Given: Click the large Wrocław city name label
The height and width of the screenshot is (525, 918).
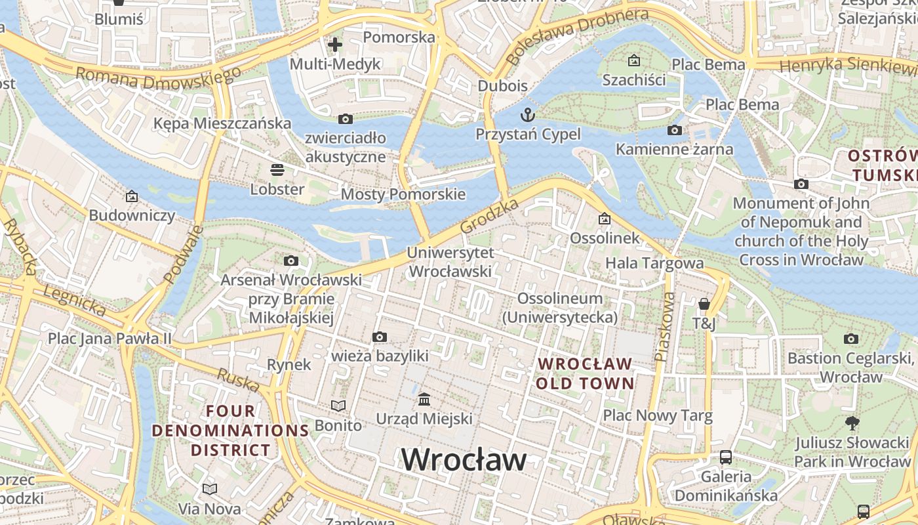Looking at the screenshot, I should click(x=464, y=459).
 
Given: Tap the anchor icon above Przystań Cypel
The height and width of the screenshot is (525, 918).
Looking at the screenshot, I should click(x=528, y=115).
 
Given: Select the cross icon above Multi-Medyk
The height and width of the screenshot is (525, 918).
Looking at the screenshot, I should click(x=335, y=45).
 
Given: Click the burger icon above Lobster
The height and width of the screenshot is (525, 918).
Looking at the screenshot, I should click(x=277, y=170).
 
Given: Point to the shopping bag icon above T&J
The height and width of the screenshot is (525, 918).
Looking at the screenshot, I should click(x=704, y=304).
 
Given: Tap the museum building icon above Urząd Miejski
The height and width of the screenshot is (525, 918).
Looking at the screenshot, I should click(x=424, y=399).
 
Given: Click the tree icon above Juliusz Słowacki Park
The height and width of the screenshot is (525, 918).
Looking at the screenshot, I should click(x=852, y=423).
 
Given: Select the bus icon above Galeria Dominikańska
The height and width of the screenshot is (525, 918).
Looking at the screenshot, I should click(x=726, y=457).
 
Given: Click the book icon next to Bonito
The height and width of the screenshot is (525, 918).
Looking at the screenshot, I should click(x=338, y=406).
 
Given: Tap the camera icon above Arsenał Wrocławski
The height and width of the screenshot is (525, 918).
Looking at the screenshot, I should click(x=291, y=261).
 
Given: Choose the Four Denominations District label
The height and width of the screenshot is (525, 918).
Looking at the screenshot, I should click(x=230, y=430).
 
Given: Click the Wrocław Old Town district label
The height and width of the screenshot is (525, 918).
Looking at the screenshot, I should click(x=585, y=373).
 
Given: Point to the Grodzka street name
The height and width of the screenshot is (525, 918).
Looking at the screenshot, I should click(x=489, y=216).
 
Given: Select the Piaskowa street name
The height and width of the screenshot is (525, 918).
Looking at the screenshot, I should click(x=664, y=326).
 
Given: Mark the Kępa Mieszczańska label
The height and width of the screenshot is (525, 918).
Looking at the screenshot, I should click(x=222, y=123).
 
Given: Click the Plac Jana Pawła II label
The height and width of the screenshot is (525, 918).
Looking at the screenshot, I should click(x=110, y=339).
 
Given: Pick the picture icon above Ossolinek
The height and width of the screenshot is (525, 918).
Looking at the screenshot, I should click(x=604, y=219).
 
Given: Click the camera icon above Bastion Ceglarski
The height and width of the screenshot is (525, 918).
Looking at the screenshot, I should click(x=851, y=339).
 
